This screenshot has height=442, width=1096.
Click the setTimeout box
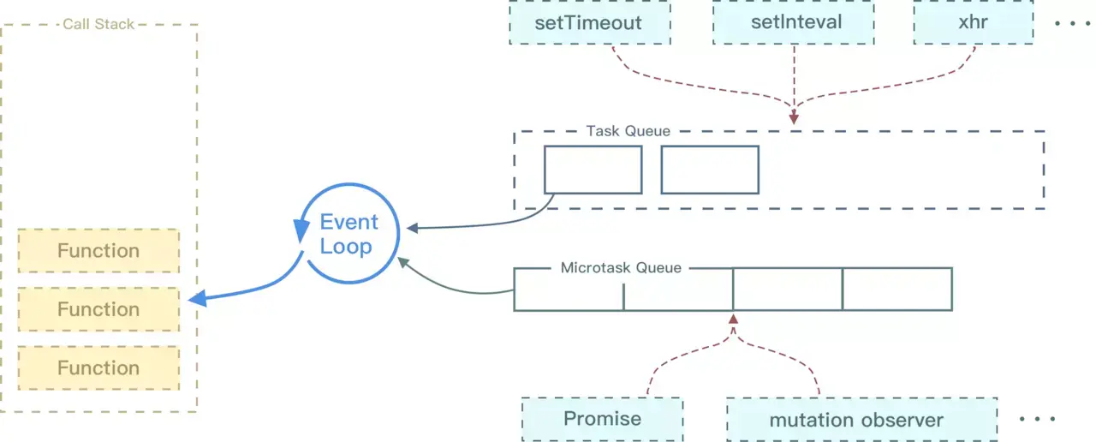pos(590,22)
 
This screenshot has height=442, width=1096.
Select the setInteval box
pos(794,22)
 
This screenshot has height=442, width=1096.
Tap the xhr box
pos(974,22)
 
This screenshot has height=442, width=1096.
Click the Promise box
pos(602,419)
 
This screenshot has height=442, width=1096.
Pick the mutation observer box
pos(861,420)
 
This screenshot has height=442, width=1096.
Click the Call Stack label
pos(98,24)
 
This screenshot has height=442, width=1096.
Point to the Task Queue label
pos(628,131)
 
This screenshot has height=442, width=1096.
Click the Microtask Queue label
pos(621,268)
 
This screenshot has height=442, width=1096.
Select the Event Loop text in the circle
pos(348,234)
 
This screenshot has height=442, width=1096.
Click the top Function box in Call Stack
pos(98,251)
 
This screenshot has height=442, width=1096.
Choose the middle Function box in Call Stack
pos(98,309)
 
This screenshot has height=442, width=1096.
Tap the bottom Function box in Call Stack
pos(98,368)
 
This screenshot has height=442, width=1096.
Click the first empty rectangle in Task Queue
pos(593,170)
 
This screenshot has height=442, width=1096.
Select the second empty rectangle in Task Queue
pos(710,170)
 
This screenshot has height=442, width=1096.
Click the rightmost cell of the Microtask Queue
pos(897,290)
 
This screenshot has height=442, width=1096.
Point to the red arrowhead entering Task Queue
pos(794,118)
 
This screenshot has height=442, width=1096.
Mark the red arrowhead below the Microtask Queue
pos(733,320)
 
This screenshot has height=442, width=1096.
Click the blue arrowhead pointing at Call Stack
pos(198,298)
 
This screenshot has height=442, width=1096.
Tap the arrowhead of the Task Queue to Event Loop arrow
pos(413,228)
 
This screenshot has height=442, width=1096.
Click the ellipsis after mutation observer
pos(1037,419)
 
